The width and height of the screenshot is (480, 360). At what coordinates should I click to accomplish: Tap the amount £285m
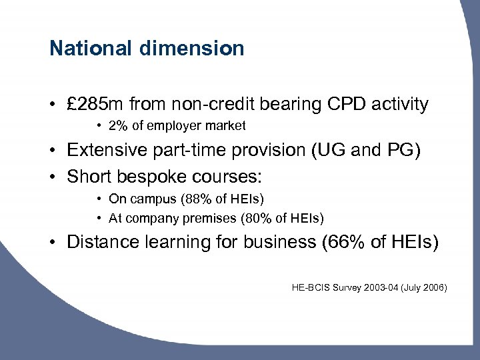[x=95, y=104]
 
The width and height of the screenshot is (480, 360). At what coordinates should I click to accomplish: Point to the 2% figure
[x=117, y=125]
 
